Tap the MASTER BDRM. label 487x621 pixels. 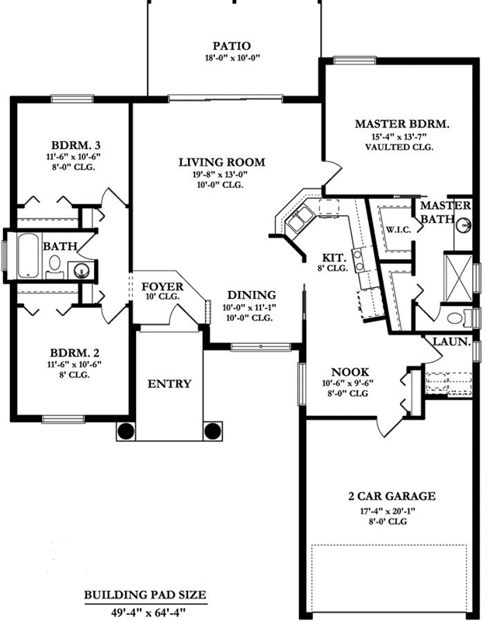pos(402,124)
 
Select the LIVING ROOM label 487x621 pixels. pos(221,162)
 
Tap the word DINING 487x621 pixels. pos(252,295)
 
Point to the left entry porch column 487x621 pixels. pos(126,432)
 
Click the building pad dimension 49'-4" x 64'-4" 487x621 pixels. pos(145,611)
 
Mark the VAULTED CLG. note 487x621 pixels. pos(402,147)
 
